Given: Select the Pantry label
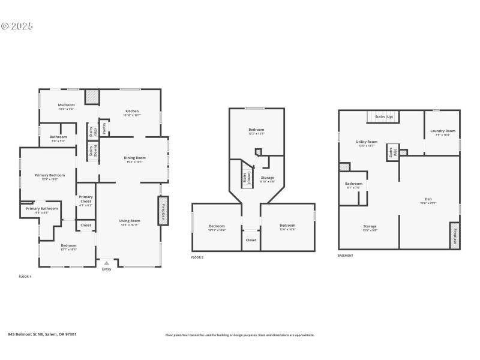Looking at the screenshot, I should point(104,127).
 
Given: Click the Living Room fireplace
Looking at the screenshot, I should point(163,211).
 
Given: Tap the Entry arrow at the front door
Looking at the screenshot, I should point(106,262).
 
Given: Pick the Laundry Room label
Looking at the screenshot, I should point(443,132).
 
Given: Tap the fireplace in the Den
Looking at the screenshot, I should point(455,235).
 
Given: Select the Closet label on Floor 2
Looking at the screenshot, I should point(251,240).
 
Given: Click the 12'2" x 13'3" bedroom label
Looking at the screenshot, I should point(256,131).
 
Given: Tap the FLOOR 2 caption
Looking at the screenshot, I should point(197,257).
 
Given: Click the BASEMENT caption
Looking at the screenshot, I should point(345,256).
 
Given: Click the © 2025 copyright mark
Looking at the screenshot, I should point(17,26).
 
